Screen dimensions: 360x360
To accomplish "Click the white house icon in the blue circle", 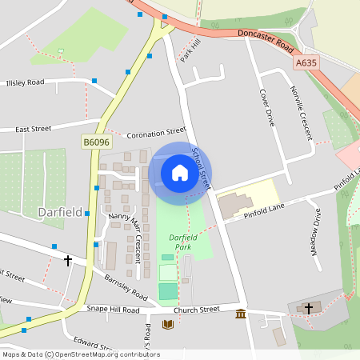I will pos(179,172).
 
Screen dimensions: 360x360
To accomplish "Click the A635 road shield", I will pos(306,62).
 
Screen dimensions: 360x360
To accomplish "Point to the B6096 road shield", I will pos(96,142).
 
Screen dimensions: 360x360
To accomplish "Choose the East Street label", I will pos(33,128).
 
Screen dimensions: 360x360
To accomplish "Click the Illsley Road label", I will pos(25,82).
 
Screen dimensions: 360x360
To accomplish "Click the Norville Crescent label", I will pos(302,112).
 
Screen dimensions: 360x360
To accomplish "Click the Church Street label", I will pos(196,309).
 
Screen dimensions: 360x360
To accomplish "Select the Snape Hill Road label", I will pos(113,310).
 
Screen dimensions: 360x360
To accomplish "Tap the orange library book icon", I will pos(167,324).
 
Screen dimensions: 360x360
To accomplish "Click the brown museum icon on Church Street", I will pos(241,313).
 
